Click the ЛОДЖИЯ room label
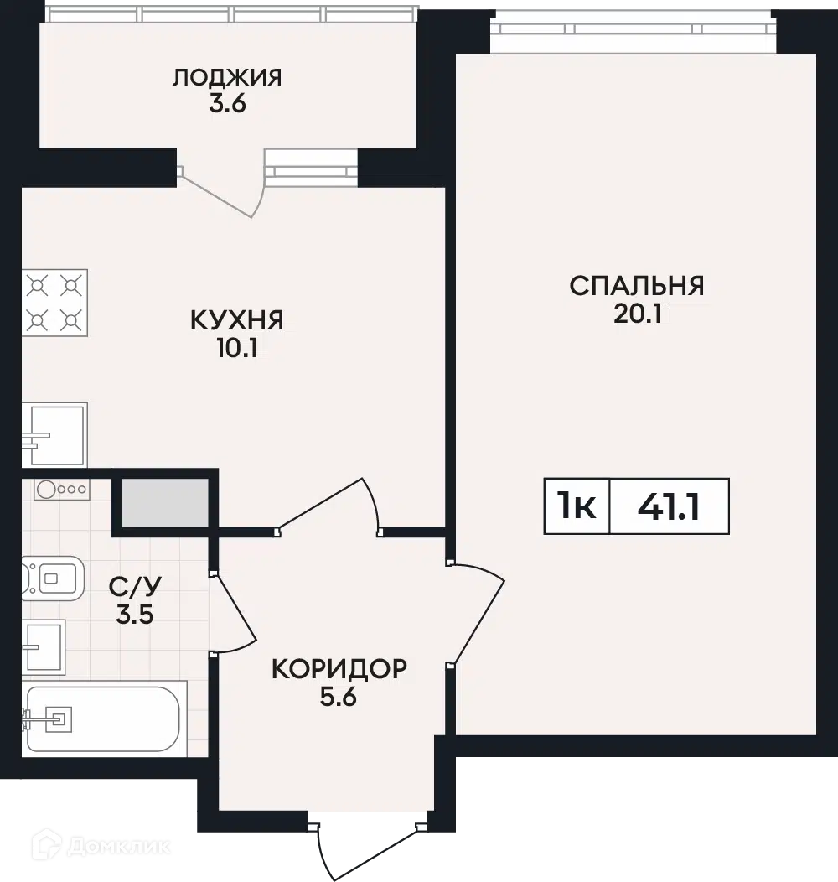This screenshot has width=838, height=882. tap(227, 77)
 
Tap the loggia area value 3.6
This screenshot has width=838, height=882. tap(228, 104)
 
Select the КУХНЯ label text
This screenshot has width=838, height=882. tap(237, 320)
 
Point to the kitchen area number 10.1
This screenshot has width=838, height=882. tap(237, 349)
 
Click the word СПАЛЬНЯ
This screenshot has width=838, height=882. tap(637, 286)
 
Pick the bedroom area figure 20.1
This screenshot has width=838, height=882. tap(637, 314)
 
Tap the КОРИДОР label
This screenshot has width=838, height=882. tap(339, 669)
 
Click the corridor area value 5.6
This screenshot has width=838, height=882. tap(339, 698)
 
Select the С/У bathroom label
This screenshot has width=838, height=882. tap(135, 586)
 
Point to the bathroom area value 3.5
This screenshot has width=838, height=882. tap(135, 615)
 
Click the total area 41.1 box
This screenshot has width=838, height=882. tap(670, 506)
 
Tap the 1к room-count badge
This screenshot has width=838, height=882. tap(577, 506)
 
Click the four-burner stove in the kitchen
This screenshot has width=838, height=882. tap(54, 303)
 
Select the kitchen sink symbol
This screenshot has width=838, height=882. tap(54, 434)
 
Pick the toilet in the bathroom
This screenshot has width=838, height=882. tap(53, 578)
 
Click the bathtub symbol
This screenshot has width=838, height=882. tap(104, 719)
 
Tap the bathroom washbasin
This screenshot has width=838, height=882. tap(44, 647)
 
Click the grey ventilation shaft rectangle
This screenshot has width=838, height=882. tap(165, 503)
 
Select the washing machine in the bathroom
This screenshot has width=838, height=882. tap(62, 490)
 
